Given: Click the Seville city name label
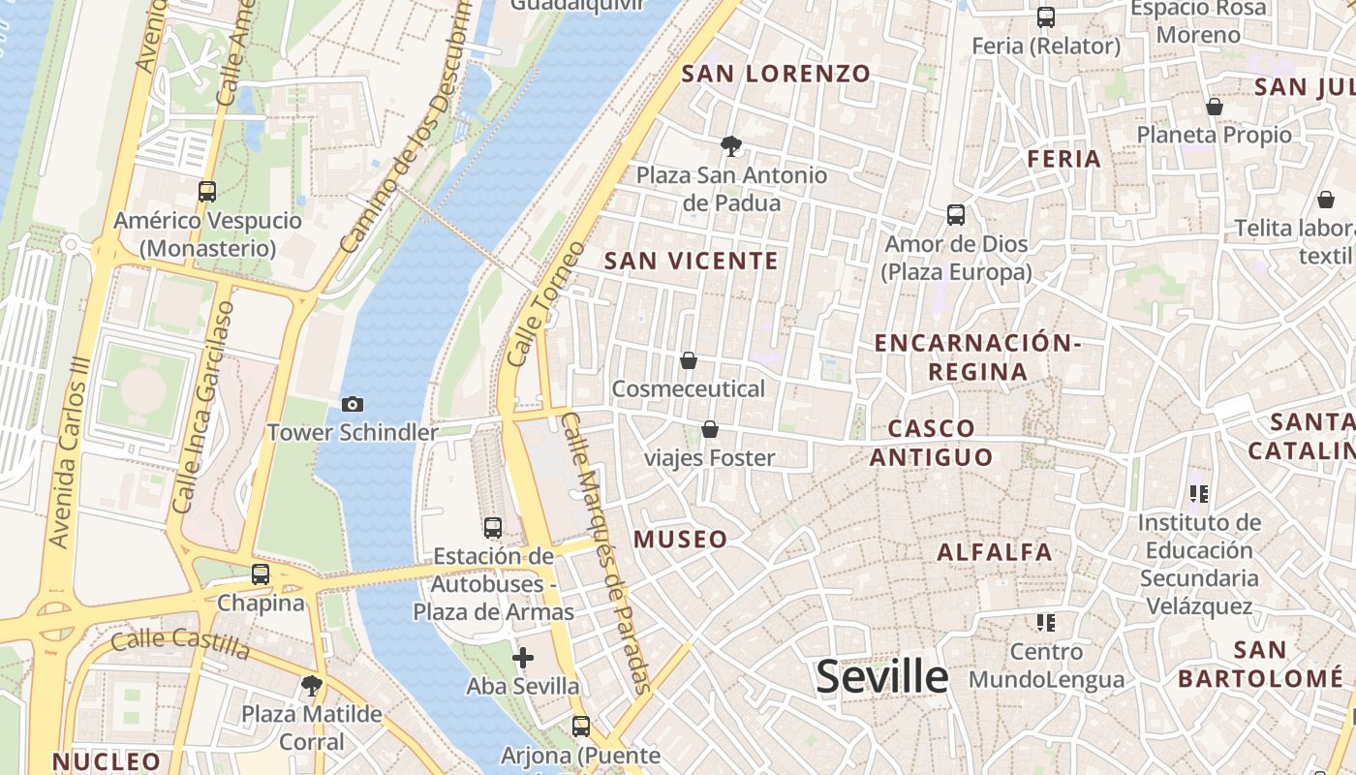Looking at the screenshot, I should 881,676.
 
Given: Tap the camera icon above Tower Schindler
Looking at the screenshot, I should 353,404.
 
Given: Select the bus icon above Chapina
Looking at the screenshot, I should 261,573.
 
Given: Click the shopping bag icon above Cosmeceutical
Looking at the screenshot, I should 689,360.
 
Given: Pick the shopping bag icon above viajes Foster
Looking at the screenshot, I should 710,429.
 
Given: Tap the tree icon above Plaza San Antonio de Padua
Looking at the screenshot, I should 731,146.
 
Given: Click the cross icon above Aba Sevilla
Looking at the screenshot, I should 523,658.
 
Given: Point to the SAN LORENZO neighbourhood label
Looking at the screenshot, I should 776,74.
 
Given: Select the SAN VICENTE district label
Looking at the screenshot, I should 692,261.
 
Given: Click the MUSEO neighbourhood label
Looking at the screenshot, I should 680,540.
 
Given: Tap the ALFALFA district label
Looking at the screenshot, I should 995,552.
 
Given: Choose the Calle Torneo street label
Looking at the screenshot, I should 545,303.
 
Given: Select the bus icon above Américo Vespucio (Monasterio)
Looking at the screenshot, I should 207,191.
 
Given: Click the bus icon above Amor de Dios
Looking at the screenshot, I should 956,214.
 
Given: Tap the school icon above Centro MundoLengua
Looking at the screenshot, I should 1045,621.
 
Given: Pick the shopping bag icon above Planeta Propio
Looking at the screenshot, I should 1214,106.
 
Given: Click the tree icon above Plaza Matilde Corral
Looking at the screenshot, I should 311,686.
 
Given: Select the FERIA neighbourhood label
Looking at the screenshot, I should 1064,159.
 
